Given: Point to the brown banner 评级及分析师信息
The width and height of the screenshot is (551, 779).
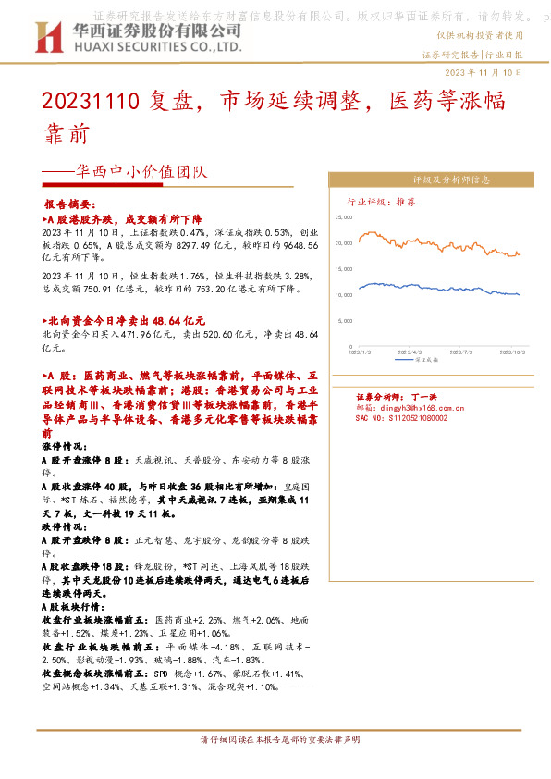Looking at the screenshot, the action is click(431, 179).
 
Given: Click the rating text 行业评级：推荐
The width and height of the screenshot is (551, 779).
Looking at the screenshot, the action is click(381, 200).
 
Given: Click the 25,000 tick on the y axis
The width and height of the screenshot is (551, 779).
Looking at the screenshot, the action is click(345, 217).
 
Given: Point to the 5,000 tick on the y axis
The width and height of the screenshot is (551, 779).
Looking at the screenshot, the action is click(348, 320).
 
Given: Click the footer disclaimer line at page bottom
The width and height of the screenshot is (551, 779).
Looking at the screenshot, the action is click(275, 741).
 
